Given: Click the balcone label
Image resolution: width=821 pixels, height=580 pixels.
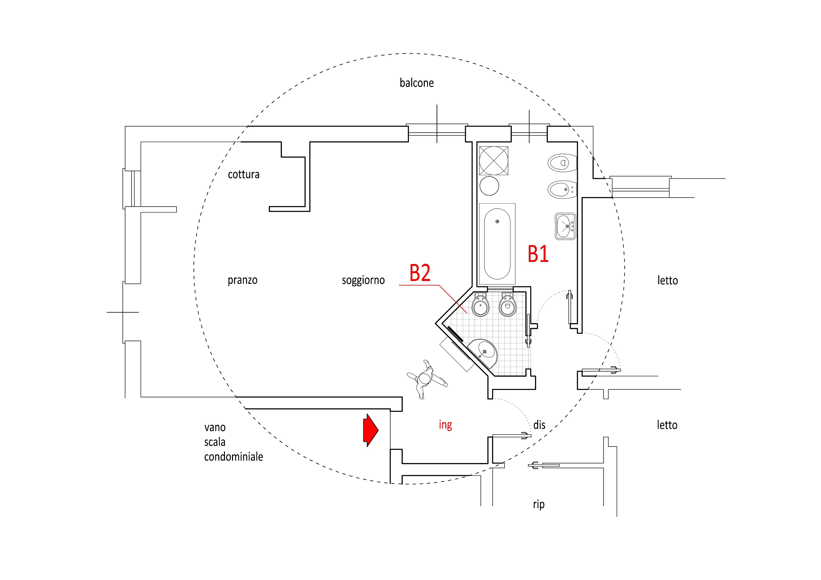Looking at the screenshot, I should pyautogui.click(x=416, y=83).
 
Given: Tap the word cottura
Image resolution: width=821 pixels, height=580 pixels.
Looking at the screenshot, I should pyautogui.click(x=243, y=174).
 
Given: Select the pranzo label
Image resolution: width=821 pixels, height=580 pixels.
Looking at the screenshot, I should pyautogui.click(x=242, y=280).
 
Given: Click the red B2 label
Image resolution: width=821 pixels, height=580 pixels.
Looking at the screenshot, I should pyautogui.click(x=420, y=273).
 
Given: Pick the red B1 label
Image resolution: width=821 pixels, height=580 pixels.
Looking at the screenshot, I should pyautogui.click(x=538, y=254).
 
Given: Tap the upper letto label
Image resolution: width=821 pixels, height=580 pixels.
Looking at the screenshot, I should pyautogui.click(x=667, y=280).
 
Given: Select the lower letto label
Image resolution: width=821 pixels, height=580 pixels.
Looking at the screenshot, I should pyautogui.click(x=667, y=425).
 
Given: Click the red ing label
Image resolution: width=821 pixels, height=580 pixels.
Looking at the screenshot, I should pyautogui.click(x=445, y=425).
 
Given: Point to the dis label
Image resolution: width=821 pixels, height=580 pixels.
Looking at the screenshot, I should pyautogui.click(x=539, y=425).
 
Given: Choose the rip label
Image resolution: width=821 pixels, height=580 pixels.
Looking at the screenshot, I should pyautogui.click(x=539, y=504).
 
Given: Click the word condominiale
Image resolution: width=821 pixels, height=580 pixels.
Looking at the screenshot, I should pyautogui.click(x=233, y=457).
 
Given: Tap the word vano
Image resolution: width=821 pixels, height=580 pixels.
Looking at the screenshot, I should pyautogui.click(x=215, y=427).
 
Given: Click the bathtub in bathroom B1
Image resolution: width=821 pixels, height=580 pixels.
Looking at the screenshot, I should pyautogui.click(x=497, y=244).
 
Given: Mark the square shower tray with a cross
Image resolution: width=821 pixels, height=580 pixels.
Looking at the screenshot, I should pyautogui.click(x=493, y=161).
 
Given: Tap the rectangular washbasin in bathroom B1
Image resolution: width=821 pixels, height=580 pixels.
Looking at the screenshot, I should pyautogui.click(x=565, y=226).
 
